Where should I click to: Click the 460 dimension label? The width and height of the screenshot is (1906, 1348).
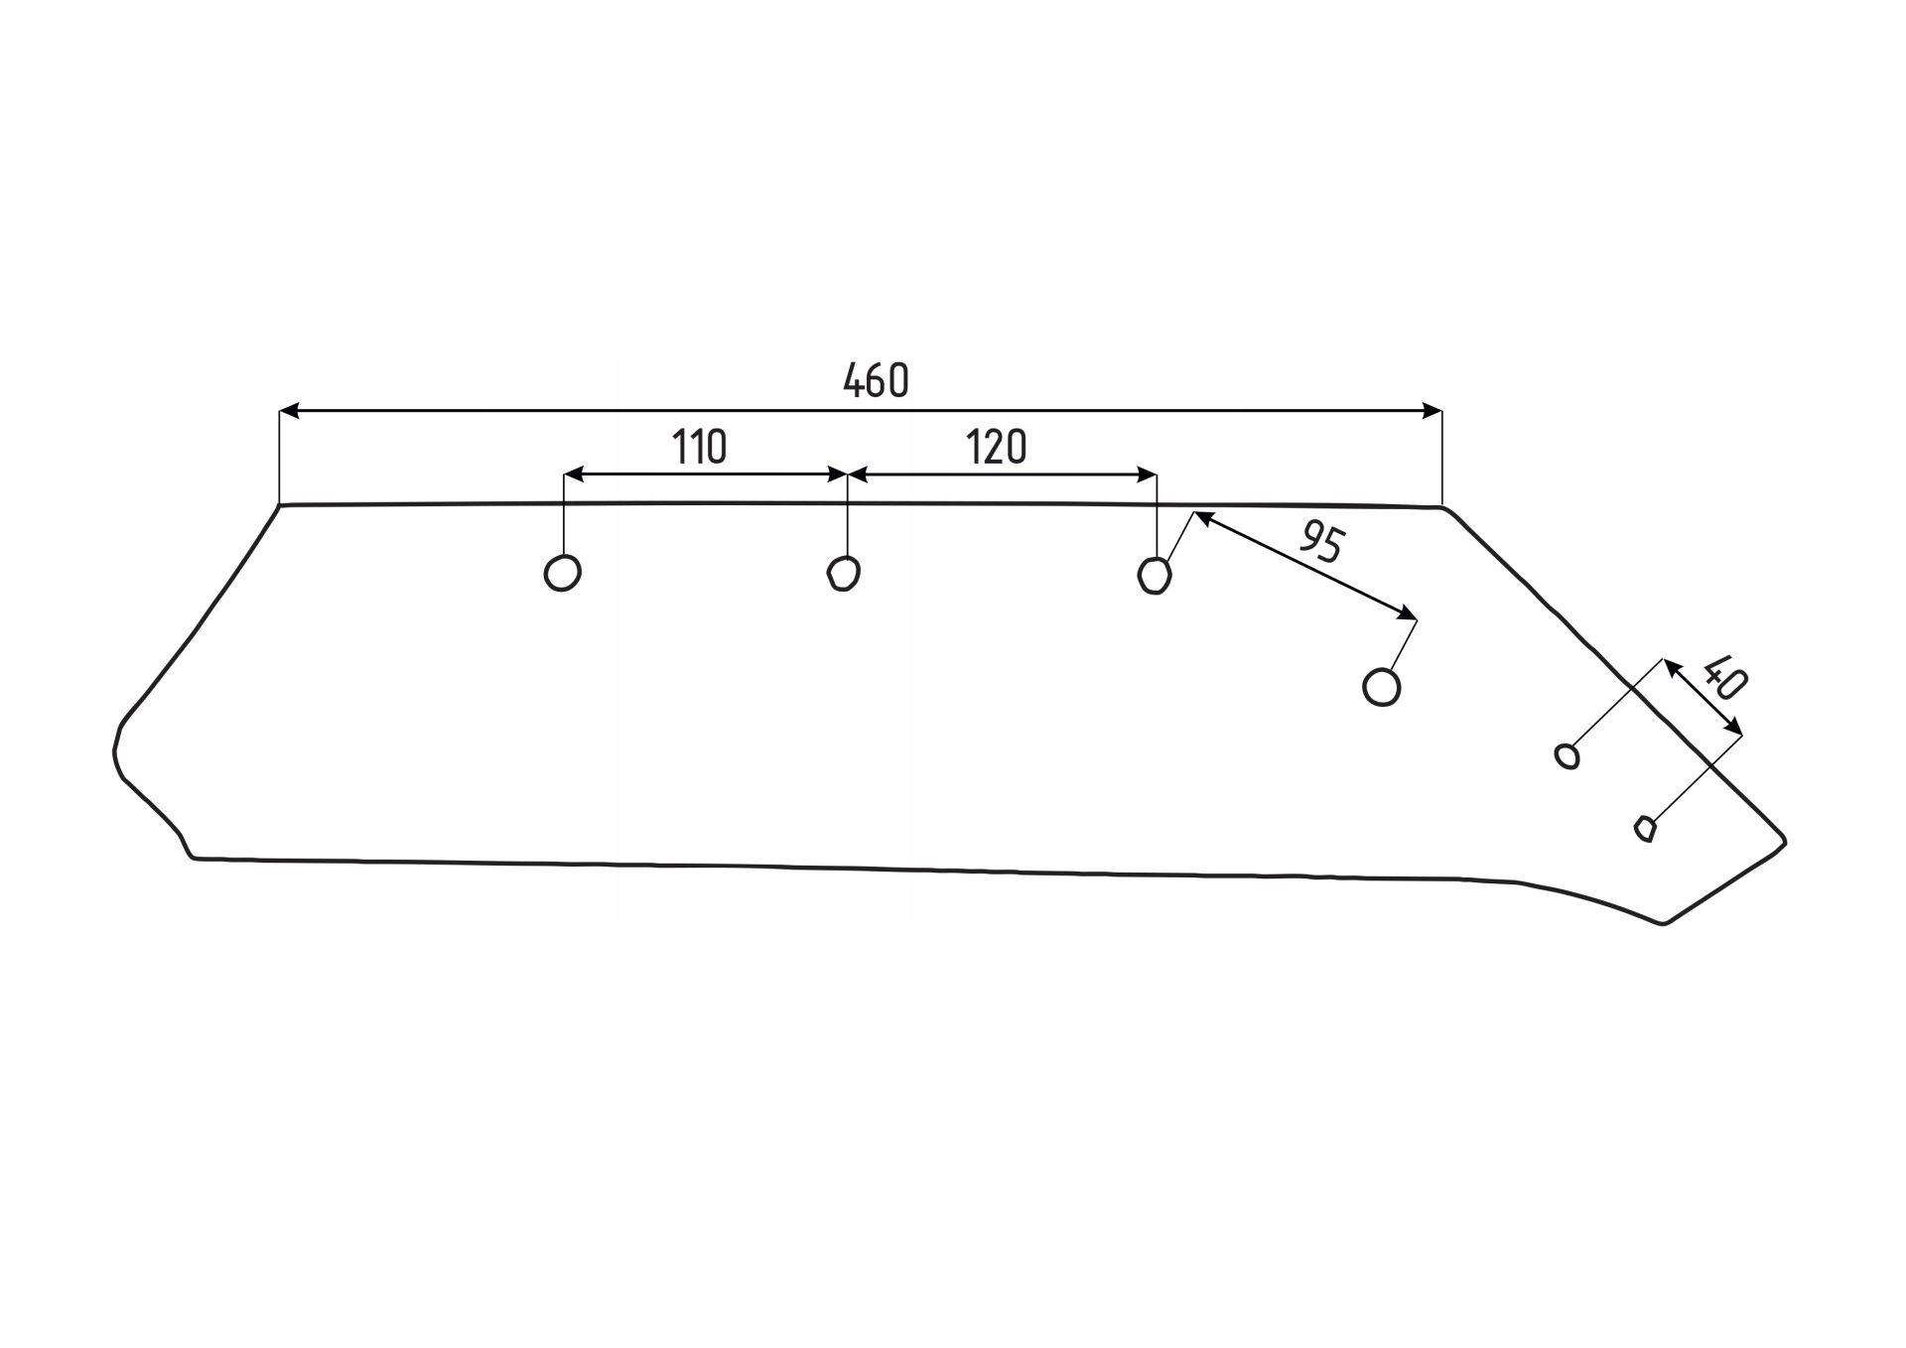[x=876, y=380]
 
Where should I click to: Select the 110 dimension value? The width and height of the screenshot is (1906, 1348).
[x=700, y=447]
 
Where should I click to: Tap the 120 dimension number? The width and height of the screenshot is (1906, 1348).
[x=996, y=447]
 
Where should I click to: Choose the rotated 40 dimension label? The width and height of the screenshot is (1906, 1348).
[x=1723, y=677]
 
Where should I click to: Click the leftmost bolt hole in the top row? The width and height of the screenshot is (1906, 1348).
[x=563, y=573]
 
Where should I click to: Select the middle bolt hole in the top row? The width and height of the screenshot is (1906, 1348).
[x=844, y=573]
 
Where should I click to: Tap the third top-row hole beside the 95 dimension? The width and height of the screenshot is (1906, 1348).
[x=1155, y=575]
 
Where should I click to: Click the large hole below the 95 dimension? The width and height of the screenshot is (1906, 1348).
[x=1382, y=686]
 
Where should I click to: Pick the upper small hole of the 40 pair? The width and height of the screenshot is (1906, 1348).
[x=1567, y=755]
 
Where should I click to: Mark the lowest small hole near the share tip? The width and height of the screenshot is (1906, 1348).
[x=1645, y=828]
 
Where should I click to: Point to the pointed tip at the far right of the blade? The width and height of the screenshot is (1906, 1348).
[x=1785, y=842]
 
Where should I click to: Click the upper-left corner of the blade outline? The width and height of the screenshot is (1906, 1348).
[x=281, y=506]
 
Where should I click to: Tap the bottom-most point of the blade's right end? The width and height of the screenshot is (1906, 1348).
[x=1664, y=924]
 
